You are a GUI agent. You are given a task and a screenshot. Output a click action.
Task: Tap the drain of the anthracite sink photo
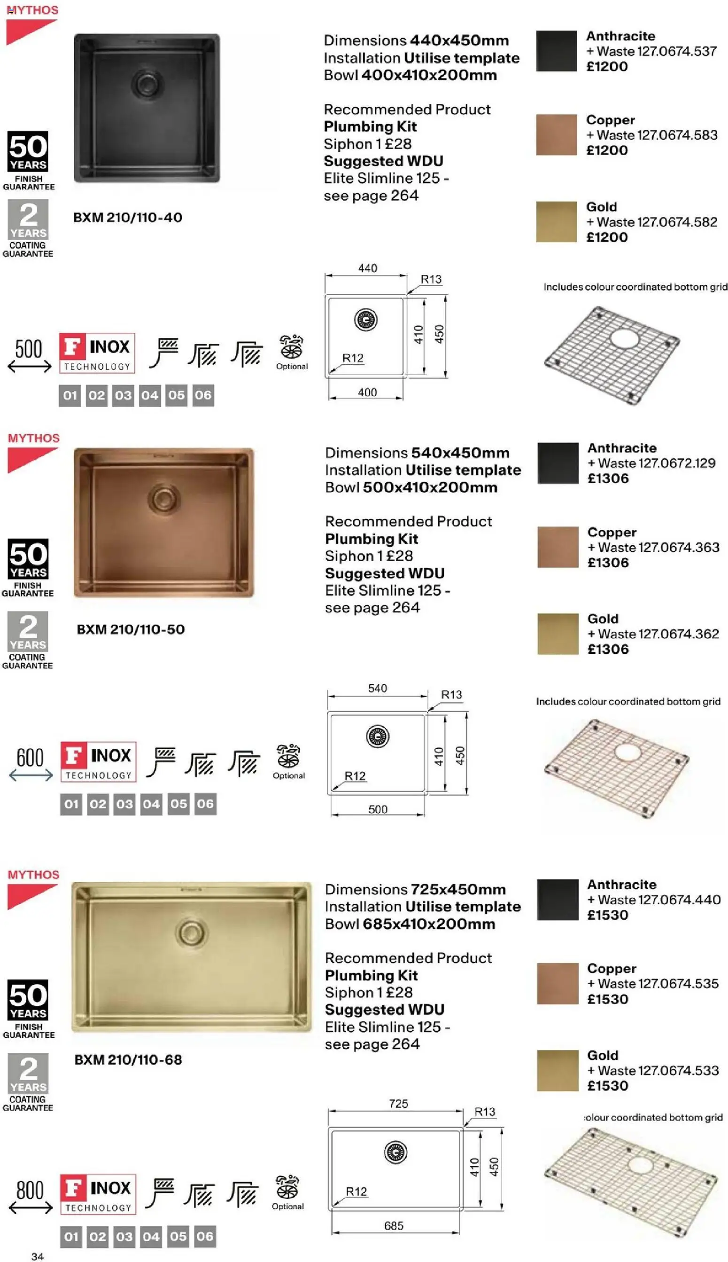pyautogui.click(x=147, y=83)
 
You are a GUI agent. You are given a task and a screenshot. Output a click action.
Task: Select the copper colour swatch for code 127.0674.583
pyautogui.click(x=556, y=134)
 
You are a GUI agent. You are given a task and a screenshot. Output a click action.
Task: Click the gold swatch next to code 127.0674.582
pyautogui.click(x=556, y=221)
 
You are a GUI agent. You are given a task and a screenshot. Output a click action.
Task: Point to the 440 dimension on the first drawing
pyautogui.click(x=367, y=268)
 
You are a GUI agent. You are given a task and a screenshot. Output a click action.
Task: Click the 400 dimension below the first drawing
pyautogui.click(x=367, y=392)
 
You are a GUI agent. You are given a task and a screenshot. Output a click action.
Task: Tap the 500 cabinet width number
pyautogui.click(x=29, y=349)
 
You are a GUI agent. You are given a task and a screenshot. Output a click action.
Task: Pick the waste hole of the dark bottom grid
pyautogui.click(x=624, y=338)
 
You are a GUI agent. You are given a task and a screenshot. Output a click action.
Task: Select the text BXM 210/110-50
pyautogui.click(x=131, y=629)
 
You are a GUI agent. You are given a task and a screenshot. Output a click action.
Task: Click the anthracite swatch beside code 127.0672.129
pyautogui.click(x=558, y=462)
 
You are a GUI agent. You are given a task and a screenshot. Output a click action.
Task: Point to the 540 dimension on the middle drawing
pyautogui.click(x=378, y=688)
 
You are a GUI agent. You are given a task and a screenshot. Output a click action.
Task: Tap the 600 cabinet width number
pyautogui.click(x=30, y=757)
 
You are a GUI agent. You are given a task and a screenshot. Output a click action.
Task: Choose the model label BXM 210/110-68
pyautogui.click(x=128, y=1059)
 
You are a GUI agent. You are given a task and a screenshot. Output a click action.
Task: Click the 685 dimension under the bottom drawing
pyautogui.click(x=394, y=1225)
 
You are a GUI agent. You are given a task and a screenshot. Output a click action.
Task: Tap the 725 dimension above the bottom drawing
pyautogui.click(x=398, y=1104)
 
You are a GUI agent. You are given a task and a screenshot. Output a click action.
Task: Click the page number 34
pyautogui.click(x=38, y=1256)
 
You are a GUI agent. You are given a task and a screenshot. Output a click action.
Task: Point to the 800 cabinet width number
pyautogui.click(x=30, y=1191)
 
